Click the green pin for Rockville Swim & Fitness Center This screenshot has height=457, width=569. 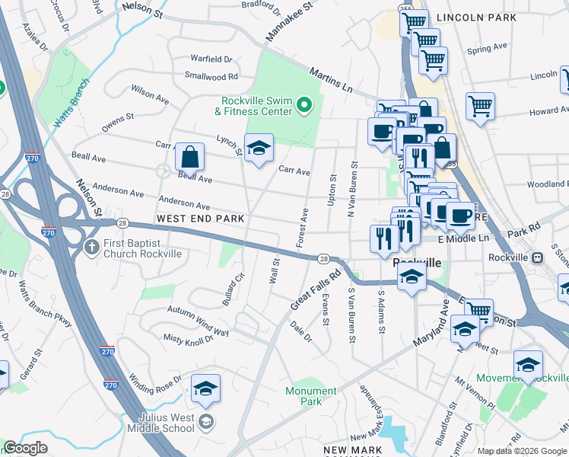pos(304,105)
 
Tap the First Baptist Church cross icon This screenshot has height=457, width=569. pos(91,248)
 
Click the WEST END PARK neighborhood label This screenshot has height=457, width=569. pos(200,219)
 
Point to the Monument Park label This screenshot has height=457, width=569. pos(310,396)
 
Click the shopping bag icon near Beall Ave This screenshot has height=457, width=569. pos(189,157)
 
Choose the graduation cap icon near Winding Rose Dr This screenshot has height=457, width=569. pos(205,388)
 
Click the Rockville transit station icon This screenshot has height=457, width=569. pos(536,257)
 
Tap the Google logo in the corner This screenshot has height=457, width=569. pos(26,448)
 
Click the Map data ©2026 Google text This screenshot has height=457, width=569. pos(522,451)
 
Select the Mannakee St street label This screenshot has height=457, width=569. pos(289,22)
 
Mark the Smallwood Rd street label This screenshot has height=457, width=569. pos(211,76)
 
